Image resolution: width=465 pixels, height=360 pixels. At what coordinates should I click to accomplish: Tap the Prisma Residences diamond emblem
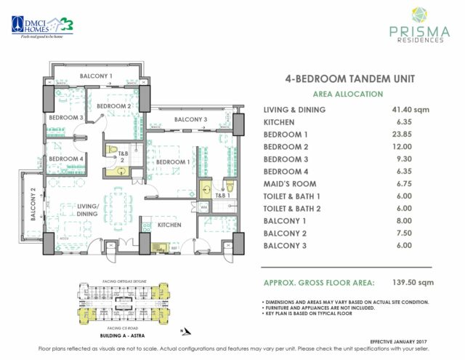(415, 16)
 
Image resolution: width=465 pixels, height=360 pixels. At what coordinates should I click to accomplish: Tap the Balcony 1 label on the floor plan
(96, 76)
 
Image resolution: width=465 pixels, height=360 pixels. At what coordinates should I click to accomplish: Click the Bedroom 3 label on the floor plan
(66, 118)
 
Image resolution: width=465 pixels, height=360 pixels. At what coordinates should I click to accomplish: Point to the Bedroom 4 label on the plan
(66, 159)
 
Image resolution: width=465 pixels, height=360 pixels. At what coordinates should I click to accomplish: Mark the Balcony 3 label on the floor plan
(191, 119)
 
